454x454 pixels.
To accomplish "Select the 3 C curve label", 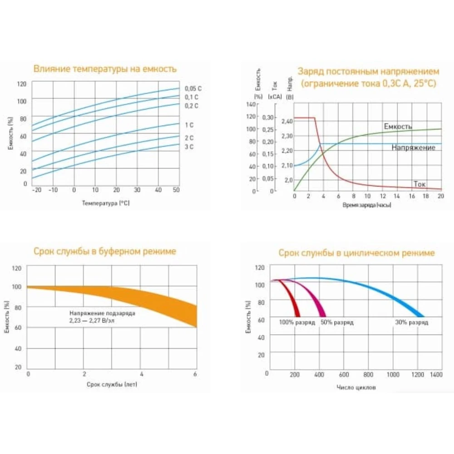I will (x=189, y=147).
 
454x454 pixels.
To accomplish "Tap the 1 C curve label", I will (x=189, y=124).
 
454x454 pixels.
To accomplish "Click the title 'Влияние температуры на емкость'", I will (x=105, y=69).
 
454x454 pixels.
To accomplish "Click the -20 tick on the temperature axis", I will (x=36, y=190).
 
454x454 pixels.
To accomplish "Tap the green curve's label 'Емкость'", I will (x=398, y=127).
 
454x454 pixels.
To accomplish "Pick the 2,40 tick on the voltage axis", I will (x=287, y=122).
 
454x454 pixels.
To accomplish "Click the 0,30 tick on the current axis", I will (x=268, y=118).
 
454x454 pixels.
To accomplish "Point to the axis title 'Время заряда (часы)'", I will (x=367, y=205).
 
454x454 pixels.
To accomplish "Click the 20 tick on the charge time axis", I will (x=440, y=196).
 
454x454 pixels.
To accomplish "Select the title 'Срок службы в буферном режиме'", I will (x=105, y=251).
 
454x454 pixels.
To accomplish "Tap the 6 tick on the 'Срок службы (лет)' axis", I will (x=196, y=374).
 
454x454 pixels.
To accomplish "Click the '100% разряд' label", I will (x=297, y=322).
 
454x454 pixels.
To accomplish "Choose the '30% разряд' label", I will (x=411, y=322).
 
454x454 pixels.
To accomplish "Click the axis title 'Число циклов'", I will (x=356, y=388).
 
